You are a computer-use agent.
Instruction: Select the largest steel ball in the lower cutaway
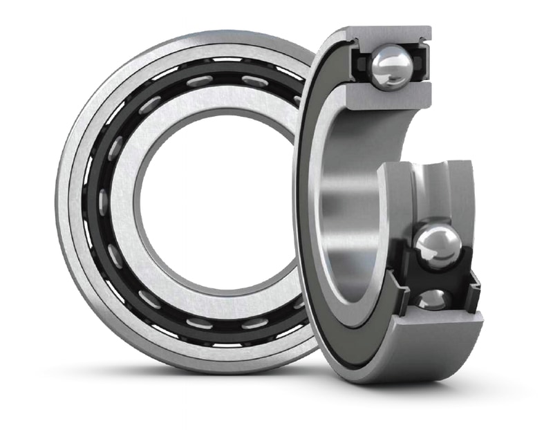pyautogui.click(x=437, y=244)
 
